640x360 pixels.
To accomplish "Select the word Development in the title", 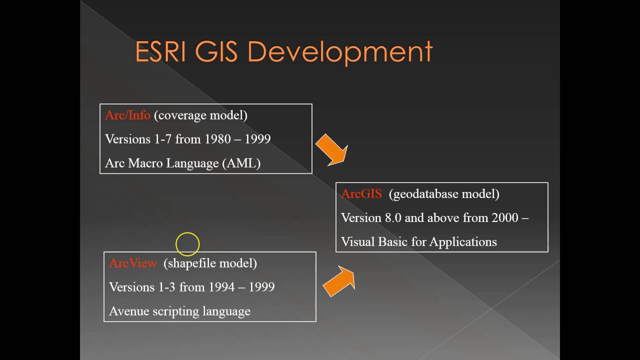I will pyautogui.click(x=339, y=52).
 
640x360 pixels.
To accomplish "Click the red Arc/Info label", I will pyautogui.click(x=127, y=115).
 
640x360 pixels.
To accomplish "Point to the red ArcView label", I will pyautogui.click(x=132, y=263).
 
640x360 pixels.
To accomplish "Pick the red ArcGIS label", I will pyautogui.click(x=361, y=194).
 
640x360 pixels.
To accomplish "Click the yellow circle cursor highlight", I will pyautogui.click(x=187, y=244).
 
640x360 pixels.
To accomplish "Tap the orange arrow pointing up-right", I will pyautogui.click(x=339, y=281).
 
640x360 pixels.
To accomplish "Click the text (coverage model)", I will pyautogui.click(x=200, y=115).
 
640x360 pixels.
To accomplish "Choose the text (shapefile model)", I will pyautogui.click(x=210, y=263).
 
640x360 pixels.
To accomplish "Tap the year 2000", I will pyautogui.click(x=505, y=218).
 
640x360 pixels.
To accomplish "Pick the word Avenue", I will pyautogui.click(x=129, y=311).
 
